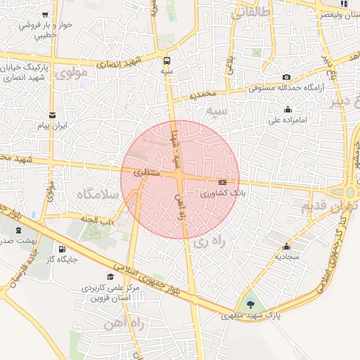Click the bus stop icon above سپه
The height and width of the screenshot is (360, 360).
tap(167, 60)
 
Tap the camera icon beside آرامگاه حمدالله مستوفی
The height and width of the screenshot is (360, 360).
tap(286, 77)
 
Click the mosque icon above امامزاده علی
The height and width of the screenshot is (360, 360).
tap(288, 109)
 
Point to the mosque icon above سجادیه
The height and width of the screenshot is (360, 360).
tap(286, 246)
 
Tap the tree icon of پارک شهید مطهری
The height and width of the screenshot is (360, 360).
tap(251, 304)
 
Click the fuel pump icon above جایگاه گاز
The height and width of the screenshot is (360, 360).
tap(62, 247)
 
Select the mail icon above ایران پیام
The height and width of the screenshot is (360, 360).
tap(52, 115)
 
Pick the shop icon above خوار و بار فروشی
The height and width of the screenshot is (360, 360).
tap(46, 14)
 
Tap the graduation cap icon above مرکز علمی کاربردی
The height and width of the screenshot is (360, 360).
tap(110, 276)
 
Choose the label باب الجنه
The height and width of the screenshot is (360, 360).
tap(101, 221)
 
